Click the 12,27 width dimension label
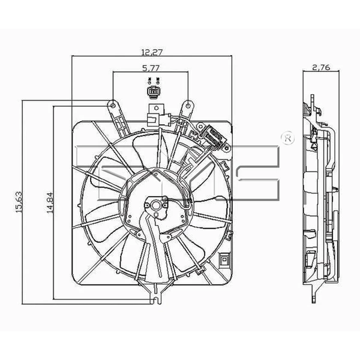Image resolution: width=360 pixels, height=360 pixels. pyautogui.click(x=151, y=51)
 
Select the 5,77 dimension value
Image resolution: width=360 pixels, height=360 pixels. pyautogui.click(x=151, y=68)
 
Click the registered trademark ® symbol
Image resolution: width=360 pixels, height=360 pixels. pyautogui.click(x=287, y=137)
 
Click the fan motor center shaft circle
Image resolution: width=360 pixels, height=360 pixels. pyautogui.click(x=155, y=206)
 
